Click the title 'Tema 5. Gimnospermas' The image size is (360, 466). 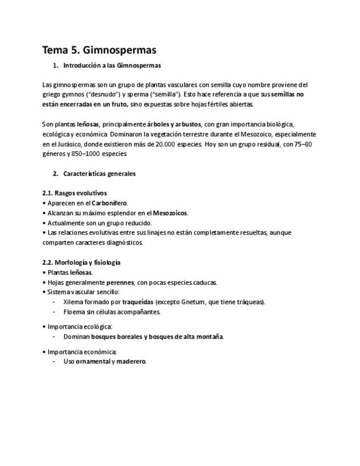(99, 50)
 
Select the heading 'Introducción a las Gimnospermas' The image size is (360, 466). (112, 65)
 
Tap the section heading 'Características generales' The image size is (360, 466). (99, 174)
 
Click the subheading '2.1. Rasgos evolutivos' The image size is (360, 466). (74, 193)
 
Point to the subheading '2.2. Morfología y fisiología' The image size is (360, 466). (81, 262)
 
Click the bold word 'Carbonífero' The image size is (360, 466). (109, 203)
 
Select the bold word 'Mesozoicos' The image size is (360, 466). (170, 213)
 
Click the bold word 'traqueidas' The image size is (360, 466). (137, 302)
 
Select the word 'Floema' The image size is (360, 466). (74, 312)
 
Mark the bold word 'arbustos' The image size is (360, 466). (188, 124)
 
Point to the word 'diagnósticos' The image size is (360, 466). (124, 242)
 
